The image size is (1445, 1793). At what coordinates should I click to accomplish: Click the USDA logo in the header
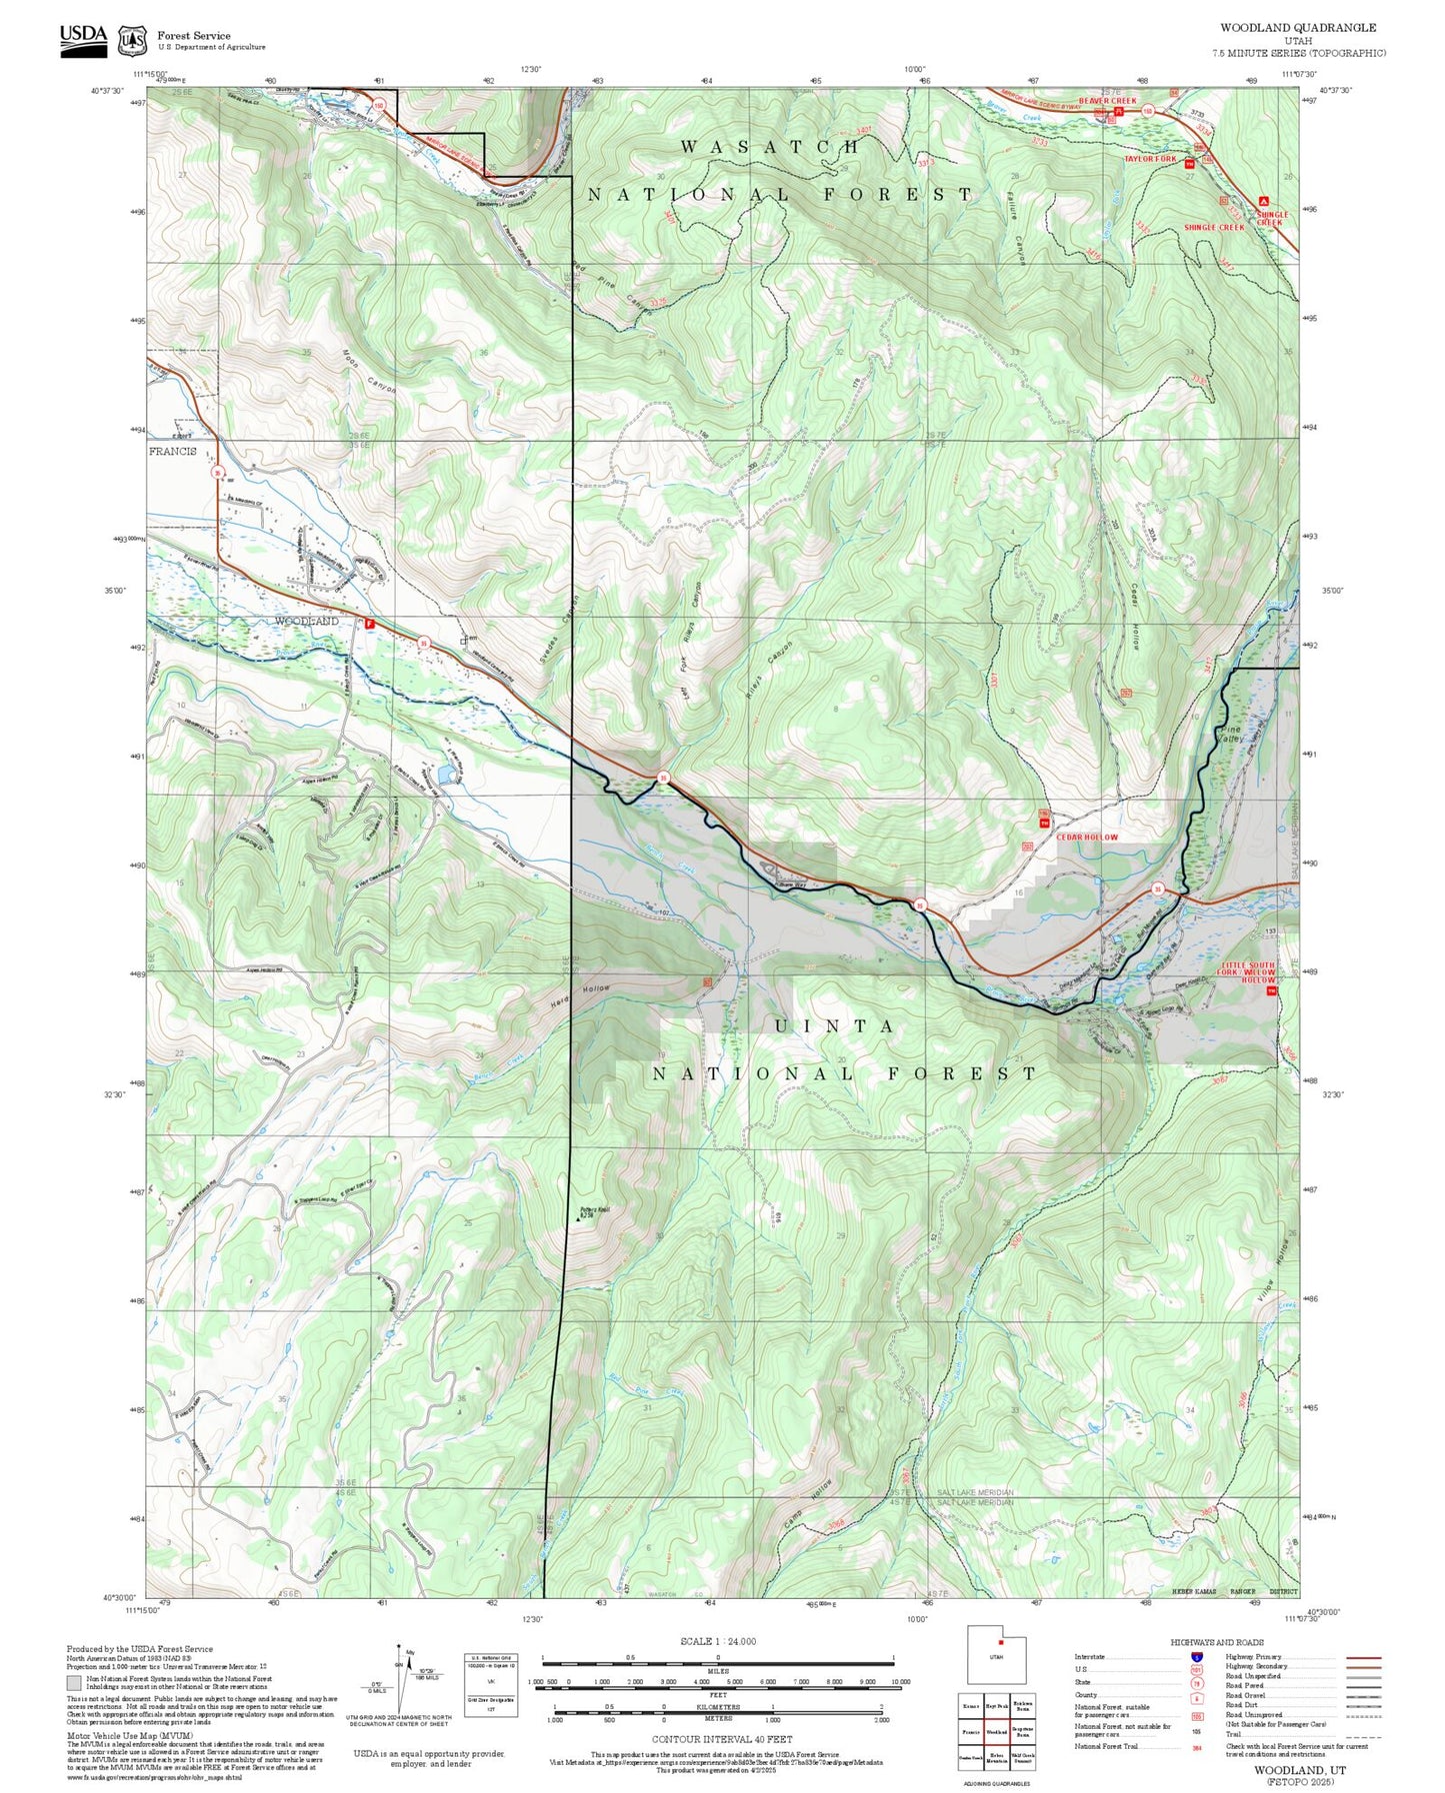pos(83,39)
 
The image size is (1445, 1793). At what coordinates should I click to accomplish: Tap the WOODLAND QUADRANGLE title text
pos(1297,28)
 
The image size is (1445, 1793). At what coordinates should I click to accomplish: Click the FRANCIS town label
pos(173,452)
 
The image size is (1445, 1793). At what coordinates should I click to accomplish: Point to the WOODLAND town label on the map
pos(306,622)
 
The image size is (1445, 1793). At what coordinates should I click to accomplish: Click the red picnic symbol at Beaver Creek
pos(1119,113)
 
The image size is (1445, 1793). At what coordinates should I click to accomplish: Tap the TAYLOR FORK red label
pos(1150,159)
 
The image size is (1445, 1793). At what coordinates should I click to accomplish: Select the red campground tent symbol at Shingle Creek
pos(1264,200)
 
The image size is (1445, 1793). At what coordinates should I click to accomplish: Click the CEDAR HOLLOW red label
pos(1087,837)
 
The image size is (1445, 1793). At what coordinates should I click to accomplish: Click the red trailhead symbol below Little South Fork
pos(1272,993)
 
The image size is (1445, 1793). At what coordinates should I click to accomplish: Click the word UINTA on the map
pos(835,1026)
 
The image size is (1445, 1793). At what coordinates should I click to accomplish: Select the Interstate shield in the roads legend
pos(1196,1657)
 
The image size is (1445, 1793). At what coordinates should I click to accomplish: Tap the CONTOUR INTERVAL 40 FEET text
pos(721,1739)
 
